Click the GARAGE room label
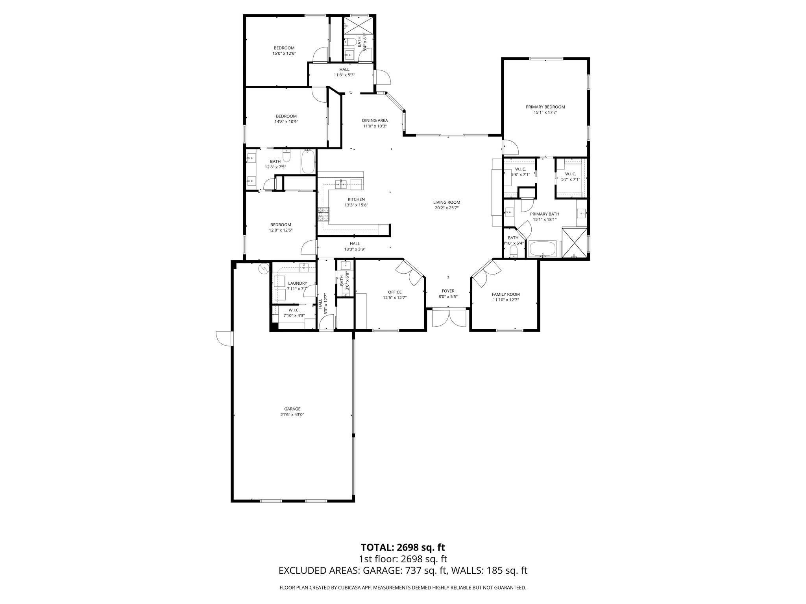(292, 409)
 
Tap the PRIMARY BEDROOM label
(545, 107)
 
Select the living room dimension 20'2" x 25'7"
(447, 208)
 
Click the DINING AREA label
(375, 120)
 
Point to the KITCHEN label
(356, 199)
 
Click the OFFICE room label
(395, 292)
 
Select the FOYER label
(448, 291)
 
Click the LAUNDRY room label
(298, 283)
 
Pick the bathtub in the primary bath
(542, 249)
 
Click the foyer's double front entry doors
(449, 318)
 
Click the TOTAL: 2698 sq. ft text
(403, 547)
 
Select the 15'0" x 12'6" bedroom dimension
(284, 53)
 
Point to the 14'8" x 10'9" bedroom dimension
(286, 122)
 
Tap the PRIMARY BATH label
(545, 214)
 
